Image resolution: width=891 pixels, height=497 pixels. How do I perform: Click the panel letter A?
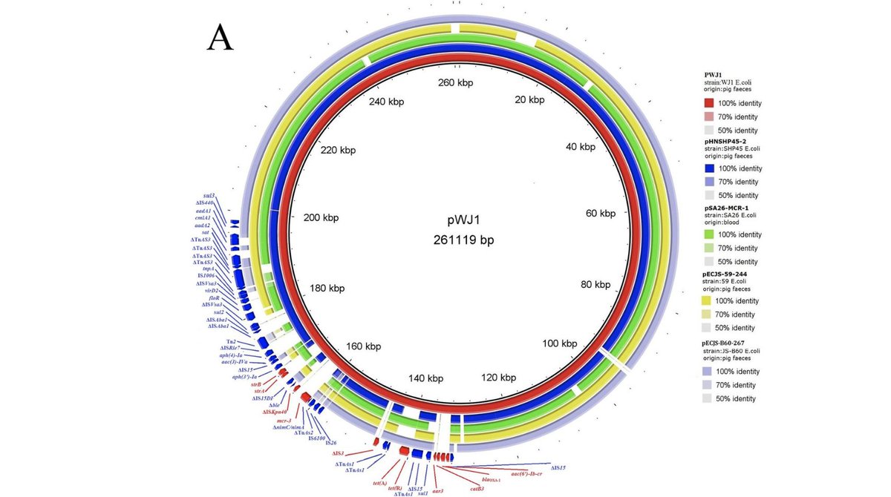(x=220, y=37)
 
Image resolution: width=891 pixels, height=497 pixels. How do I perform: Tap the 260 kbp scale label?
(x=454, y=83)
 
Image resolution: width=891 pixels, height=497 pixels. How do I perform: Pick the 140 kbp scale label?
(x=425, y=378)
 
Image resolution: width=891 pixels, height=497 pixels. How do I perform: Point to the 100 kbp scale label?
(x=560, y=343)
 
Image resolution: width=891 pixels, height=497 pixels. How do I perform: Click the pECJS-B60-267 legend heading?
(x=734, y=343)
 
